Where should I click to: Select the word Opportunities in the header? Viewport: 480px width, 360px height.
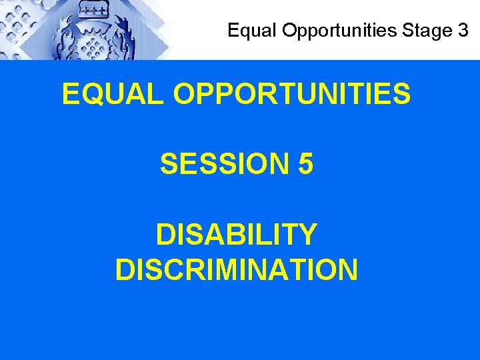pos(319,31)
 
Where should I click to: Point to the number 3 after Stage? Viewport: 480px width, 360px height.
pos(463,31)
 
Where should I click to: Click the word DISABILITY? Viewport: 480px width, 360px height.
pos(236,235)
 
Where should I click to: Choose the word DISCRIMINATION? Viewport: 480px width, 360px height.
pos(236,269)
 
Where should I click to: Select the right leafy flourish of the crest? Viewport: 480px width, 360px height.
pos(127,37)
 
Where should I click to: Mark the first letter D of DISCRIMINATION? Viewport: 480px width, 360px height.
pos(125,269)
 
